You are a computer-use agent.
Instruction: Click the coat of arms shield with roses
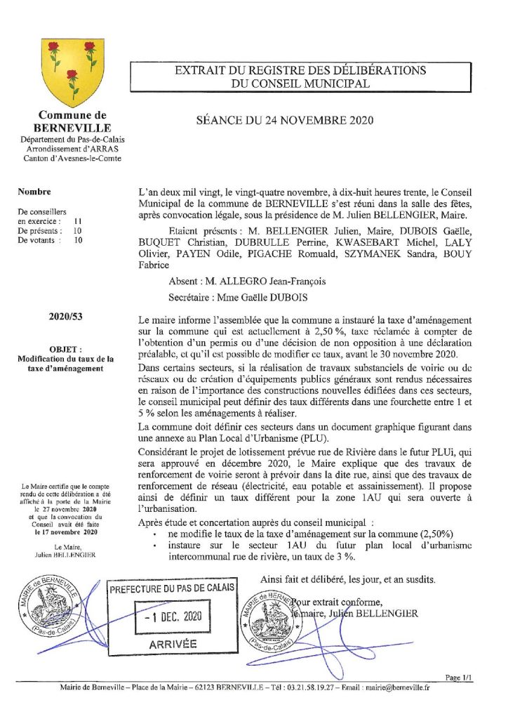pos(73,72)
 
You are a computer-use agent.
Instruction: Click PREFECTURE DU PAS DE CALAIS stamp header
pos(171,588)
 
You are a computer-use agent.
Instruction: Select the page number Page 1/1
pos(460,678)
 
